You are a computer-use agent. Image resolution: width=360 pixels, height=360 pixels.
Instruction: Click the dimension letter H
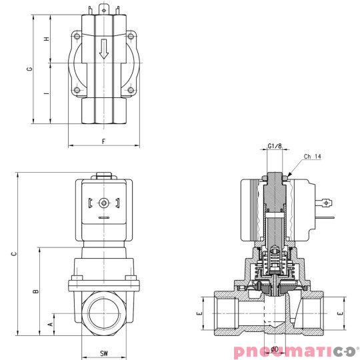[47, 39]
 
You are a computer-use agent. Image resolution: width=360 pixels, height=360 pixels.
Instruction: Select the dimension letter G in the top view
[29, 69]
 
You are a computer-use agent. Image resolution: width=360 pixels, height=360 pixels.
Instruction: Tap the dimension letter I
[47, 93]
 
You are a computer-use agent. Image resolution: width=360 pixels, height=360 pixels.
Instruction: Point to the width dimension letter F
[103, 141]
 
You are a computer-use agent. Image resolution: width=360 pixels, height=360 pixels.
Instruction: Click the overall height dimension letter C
[13, 253]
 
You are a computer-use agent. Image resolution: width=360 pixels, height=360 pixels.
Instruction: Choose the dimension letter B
[36, 291]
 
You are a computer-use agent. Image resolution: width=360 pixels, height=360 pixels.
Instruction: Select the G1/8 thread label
[274, 145]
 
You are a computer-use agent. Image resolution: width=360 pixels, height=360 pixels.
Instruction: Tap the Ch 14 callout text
[313, 157]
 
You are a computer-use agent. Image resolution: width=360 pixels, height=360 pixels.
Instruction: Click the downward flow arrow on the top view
[103, 49]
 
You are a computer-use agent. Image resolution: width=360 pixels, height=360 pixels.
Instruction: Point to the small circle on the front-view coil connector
[103, 203]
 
